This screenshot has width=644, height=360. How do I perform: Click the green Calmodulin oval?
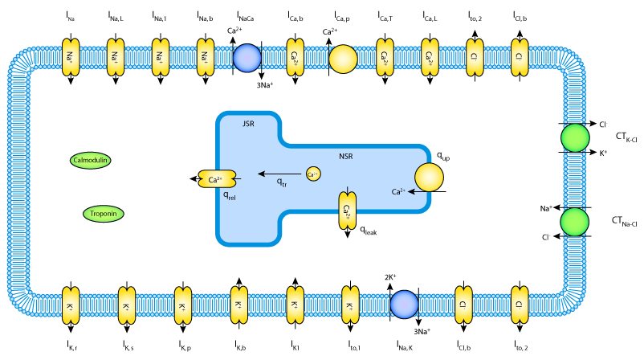pos(91,161)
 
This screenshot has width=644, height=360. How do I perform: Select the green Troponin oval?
pos(104,214)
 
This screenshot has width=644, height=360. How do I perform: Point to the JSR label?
pos(248,124)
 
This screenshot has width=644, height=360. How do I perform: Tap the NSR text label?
pos(345,157)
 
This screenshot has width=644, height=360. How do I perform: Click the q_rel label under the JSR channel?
pos(229,195)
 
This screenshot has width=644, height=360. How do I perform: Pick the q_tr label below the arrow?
pos(282,182)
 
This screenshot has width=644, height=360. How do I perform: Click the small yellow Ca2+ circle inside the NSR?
pos(313,174)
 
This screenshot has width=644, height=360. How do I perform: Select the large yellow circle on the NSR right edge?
pos(429,178)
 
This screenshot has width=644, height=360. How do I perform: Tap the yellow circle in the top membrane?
pos(343,59)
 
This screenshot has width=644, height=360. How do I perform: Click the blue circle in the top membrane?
pos(247,58)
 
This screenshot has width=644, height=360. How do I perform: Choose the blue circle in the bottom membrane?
pos(404,305)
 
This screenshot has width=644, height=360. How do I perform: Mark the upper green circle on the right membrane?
pos(575,137)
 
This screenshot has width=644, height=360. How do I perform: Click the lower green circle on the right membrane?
pos(575,222)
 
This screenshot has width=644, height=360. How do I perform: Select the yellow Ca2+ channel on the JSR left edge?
pos(217,179)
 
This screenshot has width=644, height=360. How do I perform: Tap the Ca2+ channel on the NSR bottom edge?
pos(347,211)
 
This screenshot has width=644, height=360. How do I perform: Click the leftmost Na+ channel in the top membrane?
pos(71,58)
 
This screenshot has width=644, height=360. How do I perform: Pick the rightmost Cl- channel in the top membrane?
pos(520,58)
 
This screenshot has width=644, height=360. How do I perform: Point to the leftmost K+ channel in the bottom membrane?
pos(71,305)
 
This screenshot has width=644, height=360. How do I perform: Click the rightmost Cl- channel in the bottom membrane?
pos(520,305)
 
